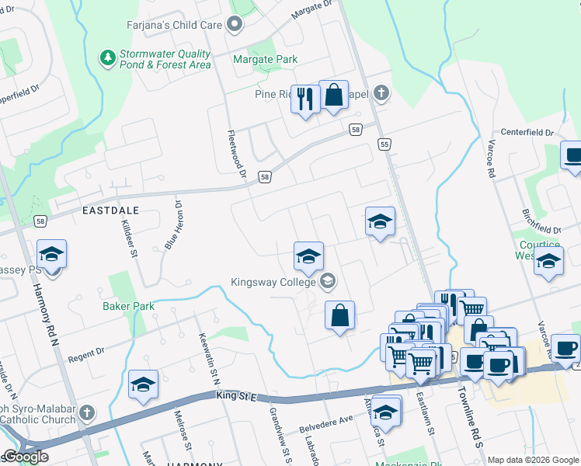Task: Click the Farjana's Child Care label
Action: [x=175, y=24]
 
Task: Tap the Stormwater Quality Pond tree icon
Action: [x=106, y=58]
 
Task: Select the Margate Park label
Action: [x=266, y=59]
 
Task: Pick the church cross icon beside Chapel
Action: [x=380, y=93]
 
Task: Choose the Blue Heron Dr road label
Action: [x=173, y=226]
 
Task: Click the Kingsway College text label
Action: [x=275, y=281]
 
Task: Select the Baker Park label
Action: [x=128, y=306]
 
